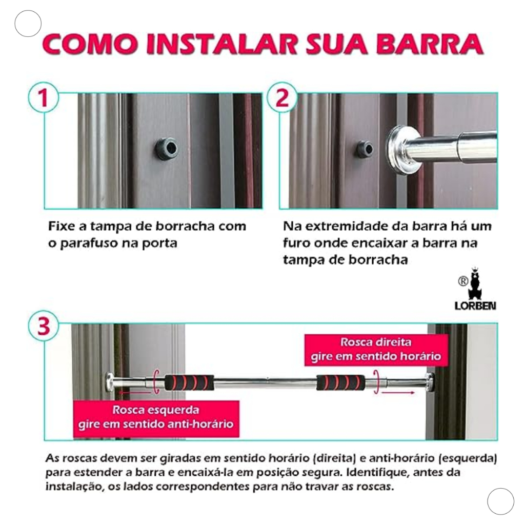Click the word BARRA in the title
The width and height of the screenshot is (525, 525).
[430, 44]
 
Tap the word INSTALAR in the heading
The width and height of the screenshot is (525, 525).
[221, 44]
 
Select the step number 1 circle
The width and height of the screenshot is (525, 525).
[44, 98]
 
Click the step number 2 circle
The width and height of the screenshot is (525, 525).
[282, 98]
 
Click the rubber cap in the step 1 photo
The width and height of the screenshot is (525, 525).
[167, 148]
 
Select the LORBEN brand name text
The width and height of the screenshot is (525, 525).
[475, 306]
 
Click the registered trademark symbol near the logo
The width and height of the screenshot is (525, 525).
[463, 281]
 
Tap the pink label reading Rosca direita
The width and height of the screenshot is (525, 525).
[376, 349]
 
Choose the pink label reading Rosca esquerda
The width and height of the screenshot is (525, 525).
[156, 417]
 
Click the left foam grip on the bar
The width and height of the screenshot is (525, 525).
[189, 382]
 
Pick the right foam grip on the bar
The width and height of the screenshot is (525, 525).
[341, 382]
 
